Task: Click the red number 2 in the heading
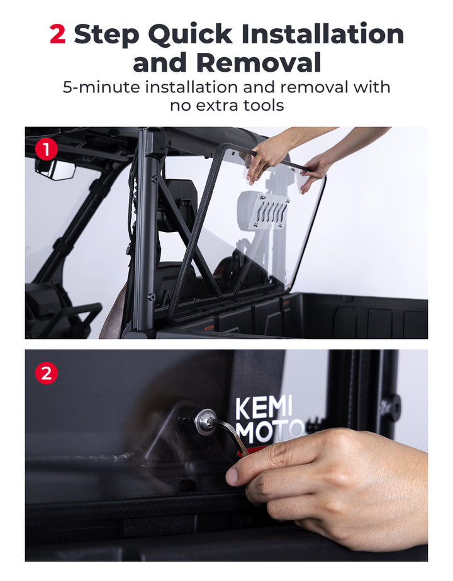click(x=57, y=35)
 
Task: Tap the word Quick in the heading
click(x=187, y=35)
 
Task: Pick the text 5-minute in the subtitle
click(x=101, y=87)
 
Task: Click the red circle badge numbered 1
click(x=46, y=149)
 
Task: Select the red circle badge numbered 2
click(x=46, y=373)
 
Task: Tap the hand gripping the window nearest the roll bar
click(x=267, y=157)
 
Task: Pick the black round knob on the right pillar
click(x=391, y=407)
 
